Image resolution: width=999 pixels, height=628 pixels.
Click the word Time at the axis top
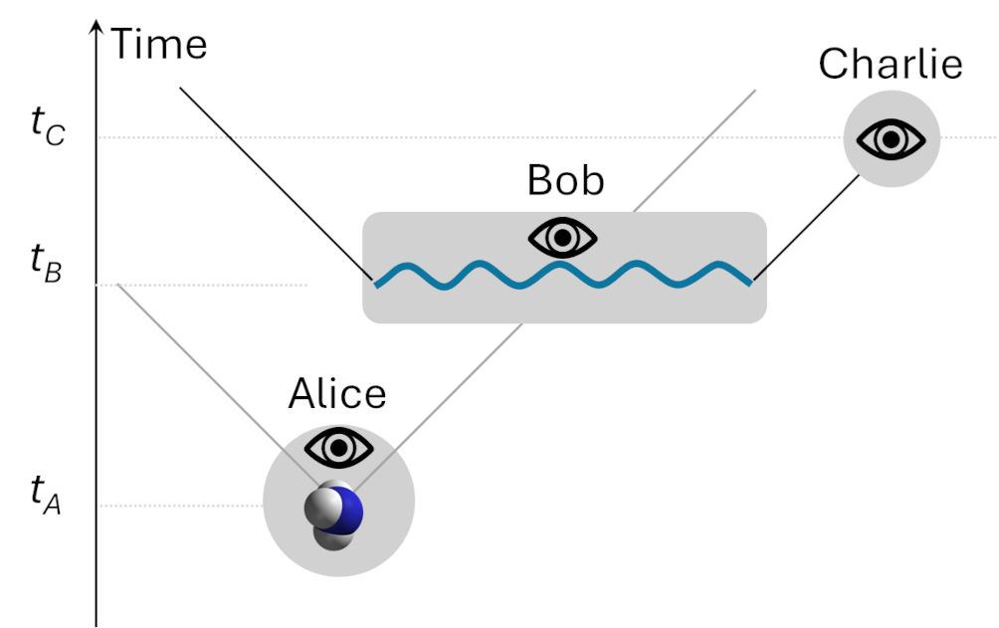[x=159, y=45]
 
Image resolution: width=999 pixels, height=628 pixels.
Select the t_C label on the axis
[x=47, y=126]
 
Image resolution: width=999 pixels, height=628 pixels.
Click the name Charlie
[x=891, y=65]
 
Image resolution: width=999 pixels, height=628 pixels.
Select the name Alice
[x=337, y=395]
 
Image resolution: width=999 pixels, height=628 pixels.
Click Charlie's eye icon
[x=892, y=139]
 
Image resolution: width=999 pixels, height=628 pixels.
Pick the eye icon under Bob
[x=563, y=239]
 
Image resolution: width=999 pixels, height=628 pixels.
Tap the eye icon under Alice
[x=338, y=449]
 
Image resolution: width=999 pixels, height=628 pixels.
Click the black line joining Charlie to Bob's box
[x=807, y=229]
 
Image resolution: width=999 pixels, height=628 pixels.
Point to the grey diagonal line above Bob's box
[x=697, y=149]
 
